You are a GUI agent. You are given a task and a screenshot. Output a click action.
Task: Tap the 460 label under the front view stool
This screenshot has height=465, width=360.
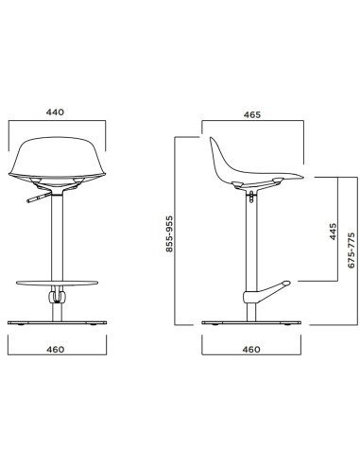(54, 350)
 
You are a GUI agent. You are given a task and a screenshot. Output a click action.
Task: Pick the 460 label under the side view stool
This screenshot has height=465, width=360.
(251, 350)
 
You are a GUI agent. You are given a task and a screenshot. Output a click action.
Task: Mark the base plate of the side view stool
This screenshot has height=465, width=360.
(251, 323)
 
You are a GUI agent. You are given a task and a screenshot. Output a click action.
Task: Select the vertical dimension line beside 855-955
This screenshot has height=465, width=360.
(177, 232)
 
